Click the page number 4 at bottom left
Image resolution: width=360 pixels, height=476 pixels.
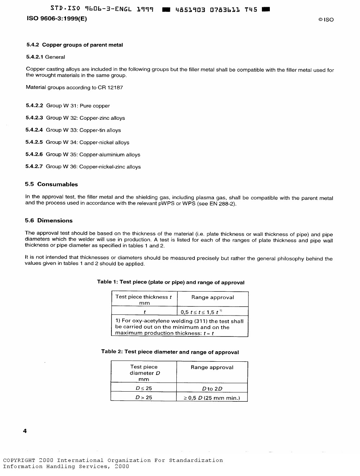click(x=25, y=431)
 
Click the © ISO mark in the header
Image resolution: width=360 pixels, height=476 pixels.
click(x=326, y=19)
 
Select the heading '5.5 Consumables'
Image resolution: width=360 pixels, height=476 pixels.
click(x=51, y=184)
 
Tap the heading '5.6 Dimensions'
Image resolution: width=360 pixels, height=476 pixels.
click(x=49, y=221)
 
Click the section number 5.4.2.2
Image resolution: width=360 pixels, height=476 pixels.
click(x=34, y=106)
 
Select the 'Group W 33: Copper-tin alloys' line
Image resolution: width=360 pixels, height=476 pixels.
click(x=83, y=130)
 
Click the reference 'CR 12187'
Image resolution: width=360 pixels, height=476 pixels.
click(x=110, y=87)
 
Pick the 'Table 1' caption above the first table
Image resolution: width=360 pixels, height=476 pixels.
click(x=171, y=282)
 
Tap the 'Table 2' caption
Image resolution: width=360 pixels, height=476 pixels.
click(x=170, y=352)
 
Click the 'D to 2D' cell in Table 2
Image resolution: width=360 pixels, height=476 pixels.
click(x=212, y=388)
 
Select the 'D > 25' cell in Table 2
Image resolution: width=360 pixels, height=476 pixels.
click(x=144, y=397)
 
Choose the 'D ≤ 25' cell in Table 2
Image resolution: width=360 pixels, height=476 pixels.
click(x=144, y=388)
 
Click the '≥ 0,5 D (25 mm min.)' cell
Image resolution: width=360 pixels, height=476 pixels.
click(x=212, y=398)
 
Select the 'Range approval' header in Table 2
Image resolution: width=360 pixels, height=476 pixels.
click(x=212, y=367)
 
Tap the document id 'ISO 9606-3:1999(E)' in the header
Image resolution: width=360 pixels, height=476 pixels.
click(x=57, y=19)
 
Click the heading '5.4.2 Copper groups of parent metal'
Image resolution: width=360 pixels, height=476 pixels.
click(x=74, y=45)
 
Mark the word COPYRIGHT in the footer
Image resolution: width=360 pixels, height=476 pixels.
click(x=19, y=460)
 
